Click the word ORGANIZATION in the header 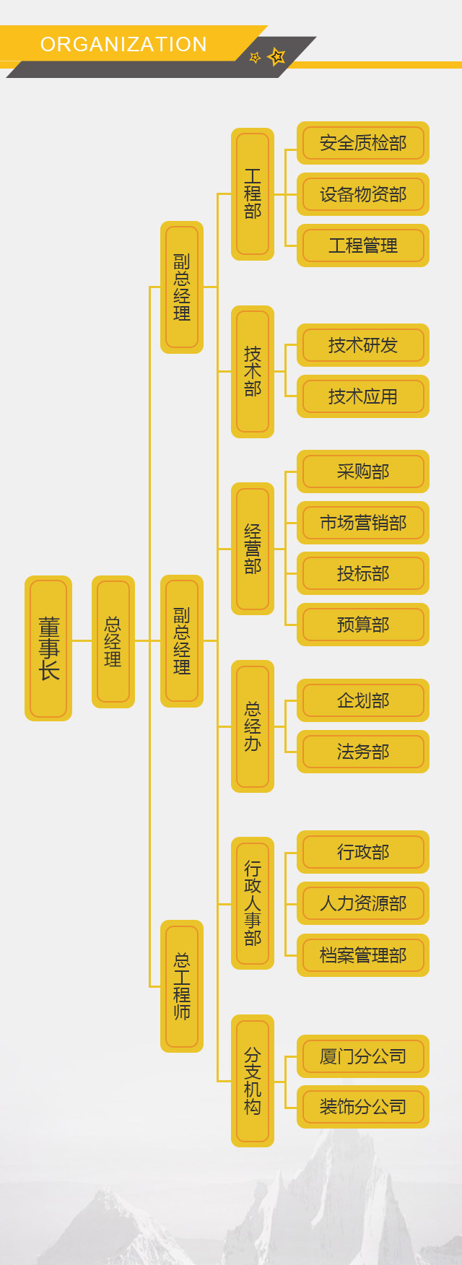point(123,45)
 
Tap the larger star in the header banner point(276,56)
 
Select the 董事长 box point(48,648)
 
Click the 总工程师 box point(182,986)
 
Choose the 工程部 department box point(253,194)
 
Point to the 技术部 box point(253,371)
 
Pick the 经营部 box point(253,548)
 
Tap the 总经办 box point(253,726)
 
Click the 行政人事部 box point(253,903)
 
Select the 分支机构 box point(253,1080)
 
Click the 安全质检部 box point(363,143)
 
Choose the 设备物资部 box point(363,194)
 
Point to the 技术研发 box point(363,345)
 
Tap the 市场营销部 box point(363,523)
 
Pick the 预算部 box point(363,625)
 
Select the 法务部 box point(363,752)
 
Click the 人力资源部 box point(363,903)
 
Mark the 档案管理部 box point(363,955)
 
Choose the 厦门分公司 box point(363,1056)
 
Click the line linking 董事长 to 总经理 point(82,640)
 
